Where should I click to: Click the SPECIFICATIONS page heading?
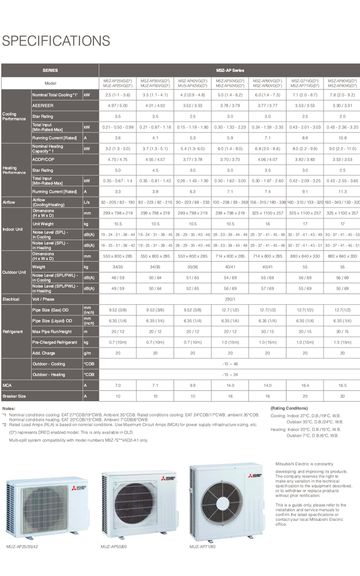tap(56, 41)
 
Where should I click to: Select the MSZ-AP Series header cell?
tap(229, 71)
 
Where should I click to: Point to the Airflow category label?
tap(10, 202)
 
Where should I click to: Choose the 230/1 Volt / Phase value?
tap(229, 299)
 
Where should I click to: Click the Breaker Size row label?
tap(15, 396)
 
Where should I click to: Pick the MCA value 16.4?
tap(305, 385)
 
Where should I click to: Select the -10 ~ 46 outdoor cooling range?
tap(229, 364)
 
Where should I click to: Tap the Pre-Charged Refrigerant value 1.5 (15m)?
tap(342, 342)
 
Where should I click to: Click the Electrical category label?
tap(11, 299)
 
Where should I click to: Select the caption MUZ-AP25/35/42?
tap(23, 547)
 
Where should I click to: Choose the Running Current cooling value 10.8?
tap(342, 138)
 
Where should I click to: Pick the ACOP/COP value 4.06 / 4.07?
tap(267, 159)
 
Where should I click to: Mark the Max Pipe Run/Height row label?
tap(52, 332)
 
